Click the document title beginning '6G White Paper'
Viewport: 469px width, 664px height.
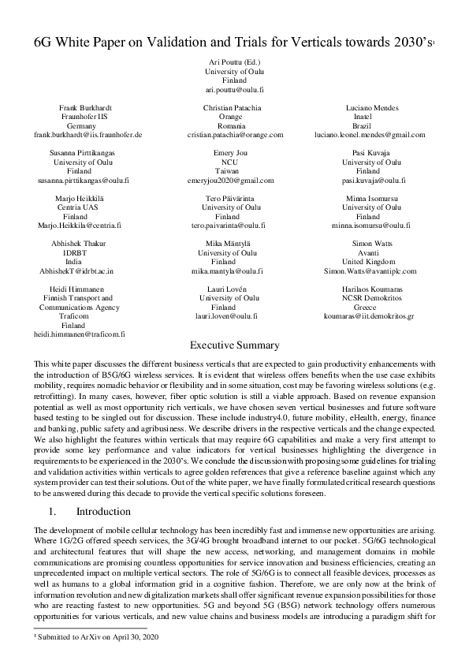click(233, 42)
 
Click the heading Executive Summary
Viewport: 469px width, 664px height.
click(234, 345)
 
